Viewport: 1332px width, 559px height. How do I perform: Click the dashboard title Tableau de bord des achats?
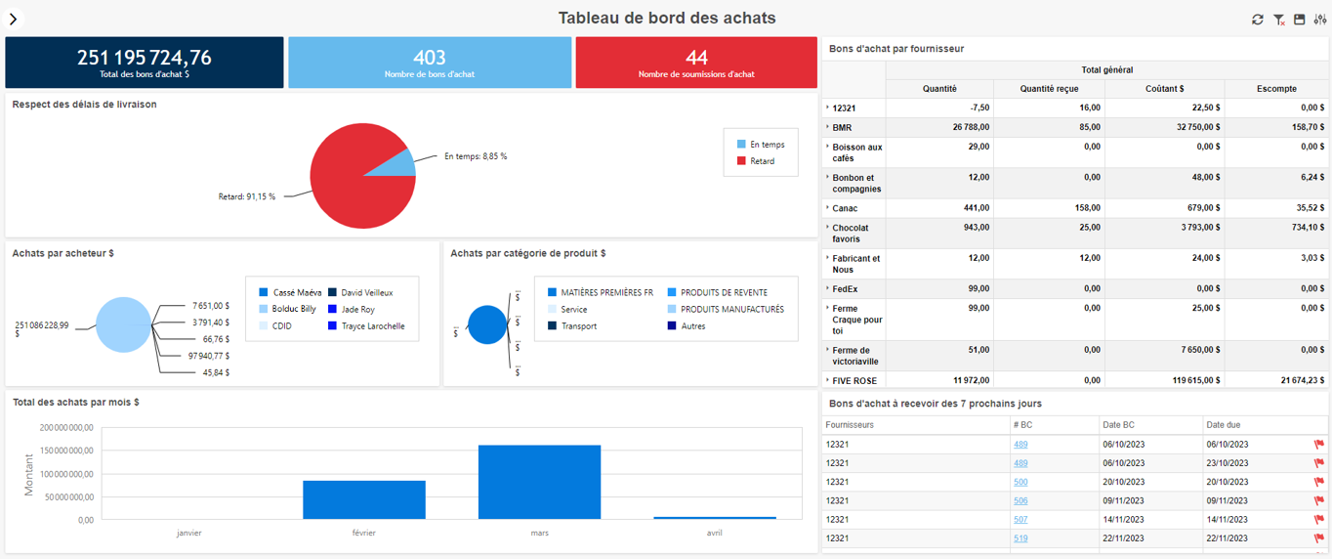point(667,18)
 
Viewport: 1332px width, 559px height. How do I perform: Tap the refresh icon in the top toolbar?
point(1258,20)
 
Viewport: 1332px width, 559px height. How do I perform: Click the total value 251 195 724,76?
point(145,58)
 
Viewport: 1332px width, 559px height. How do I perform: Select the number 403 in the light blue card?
point(430,58)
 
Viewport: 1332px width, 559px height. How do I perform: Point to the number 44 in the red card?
point(696,58)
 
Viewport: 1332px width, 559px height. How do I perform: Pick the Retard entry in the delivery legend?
point(762,161)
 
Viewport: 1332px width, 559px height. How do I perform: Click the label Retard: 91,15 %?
point(247,196)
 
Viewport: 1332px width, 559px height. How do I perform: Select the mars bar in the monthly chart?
point(539,482)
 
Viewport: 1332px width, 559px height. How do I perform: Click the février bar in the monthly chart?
point(364,499)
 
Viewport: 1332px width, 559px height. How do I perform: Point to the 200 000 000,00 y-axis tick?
point(66,428)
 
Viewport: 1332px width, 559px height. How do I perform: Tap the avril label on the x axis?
point(715,533)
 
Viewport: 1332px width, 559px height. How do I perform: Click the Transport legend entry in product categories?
point(578,326)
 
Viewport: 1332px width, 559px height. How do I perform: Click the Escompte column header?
point(1276,89)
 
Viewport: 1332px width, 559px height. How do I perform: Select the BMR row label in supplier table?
point(842,128)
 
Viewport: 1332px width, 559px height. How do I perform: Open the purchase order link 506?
point(1020,500)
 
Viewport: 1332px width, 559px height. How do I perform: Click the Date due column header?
point(1223,425)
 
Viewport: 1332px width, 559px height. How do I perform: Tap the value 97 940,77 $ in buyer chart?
point(210,356)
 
